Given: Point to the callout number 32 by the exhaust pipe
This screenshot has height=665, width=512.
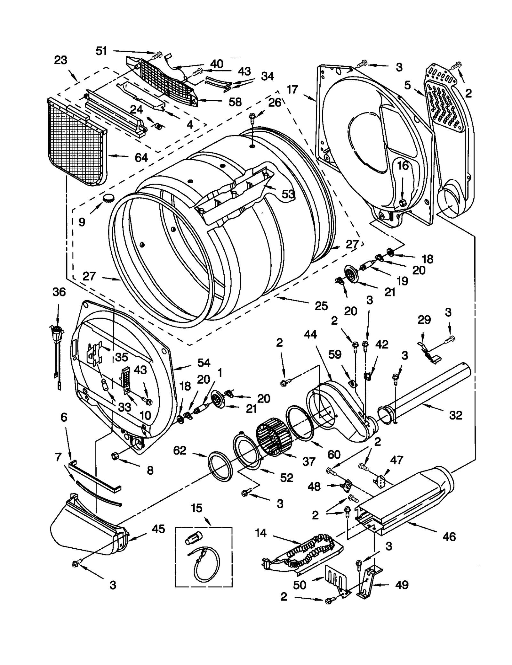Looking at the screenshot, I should tap(455, 415).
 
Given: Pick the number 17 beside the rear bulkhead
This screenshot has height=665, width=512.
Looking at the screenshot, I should tap(292, 89).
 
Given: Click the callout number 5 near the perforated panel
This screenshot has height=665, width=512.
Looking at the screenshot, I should tap(407, 85).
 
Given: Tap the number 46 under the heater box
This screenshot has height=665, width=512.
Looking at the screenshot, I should tap(449, 536).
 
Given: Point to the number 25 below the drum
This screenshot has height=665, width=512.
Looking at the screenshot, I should tap(321, 306).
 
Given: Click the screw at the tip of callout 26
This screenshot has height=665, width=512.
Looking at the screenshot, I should tap(252, 117).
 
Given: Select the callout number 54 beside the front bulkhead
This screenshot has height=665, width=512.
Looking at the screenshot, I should tap(204, 362).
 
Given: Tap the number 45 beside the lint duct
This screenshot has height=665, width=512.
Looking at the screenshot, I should tap(158, 529).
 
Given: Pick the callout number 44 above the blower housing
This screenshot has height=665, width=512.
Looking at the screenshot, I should tap(310, 335).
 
